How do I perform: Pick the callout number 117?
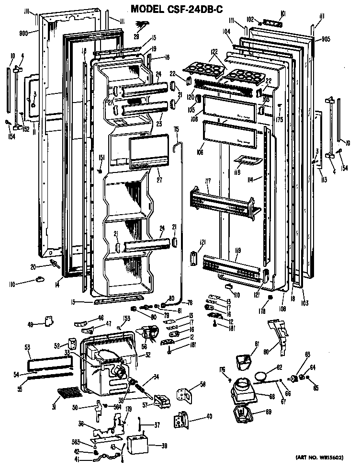click(208, 181)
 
